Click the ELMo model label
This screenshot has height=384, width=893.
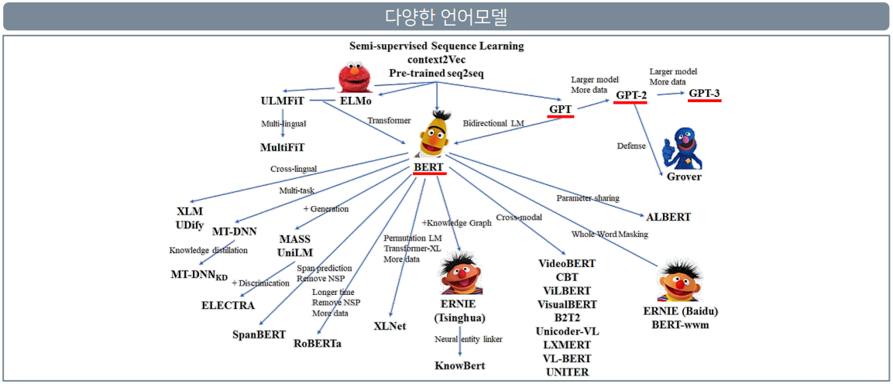(356, 101)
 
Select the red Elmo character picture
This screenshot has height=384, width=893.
(355, 77)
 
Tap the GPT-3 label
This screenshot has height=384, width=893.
(704, 94)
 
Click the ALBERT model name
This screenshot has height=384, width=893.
(668, 216)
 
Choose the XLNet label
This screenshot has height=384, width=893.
(389, 326)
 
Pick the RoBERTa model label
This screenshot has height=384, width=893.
(318, 343)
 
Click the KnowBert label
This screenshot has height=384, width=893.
(459, 365)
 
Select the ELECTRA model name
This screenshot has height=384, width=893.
(228, 305)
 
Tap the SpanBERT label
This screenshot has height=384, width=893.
(259, 334)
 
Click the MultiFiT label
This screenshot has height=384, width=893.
(282, 146)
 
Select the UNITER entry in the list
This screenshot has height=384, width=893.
(567, 372)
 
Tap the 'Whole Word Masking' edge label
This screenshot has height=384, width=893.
(610, 234)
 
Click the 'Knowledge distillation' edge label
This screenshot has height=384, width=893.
(208, 250)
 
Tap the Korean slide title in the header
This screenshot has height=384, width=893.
(446, 16)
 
